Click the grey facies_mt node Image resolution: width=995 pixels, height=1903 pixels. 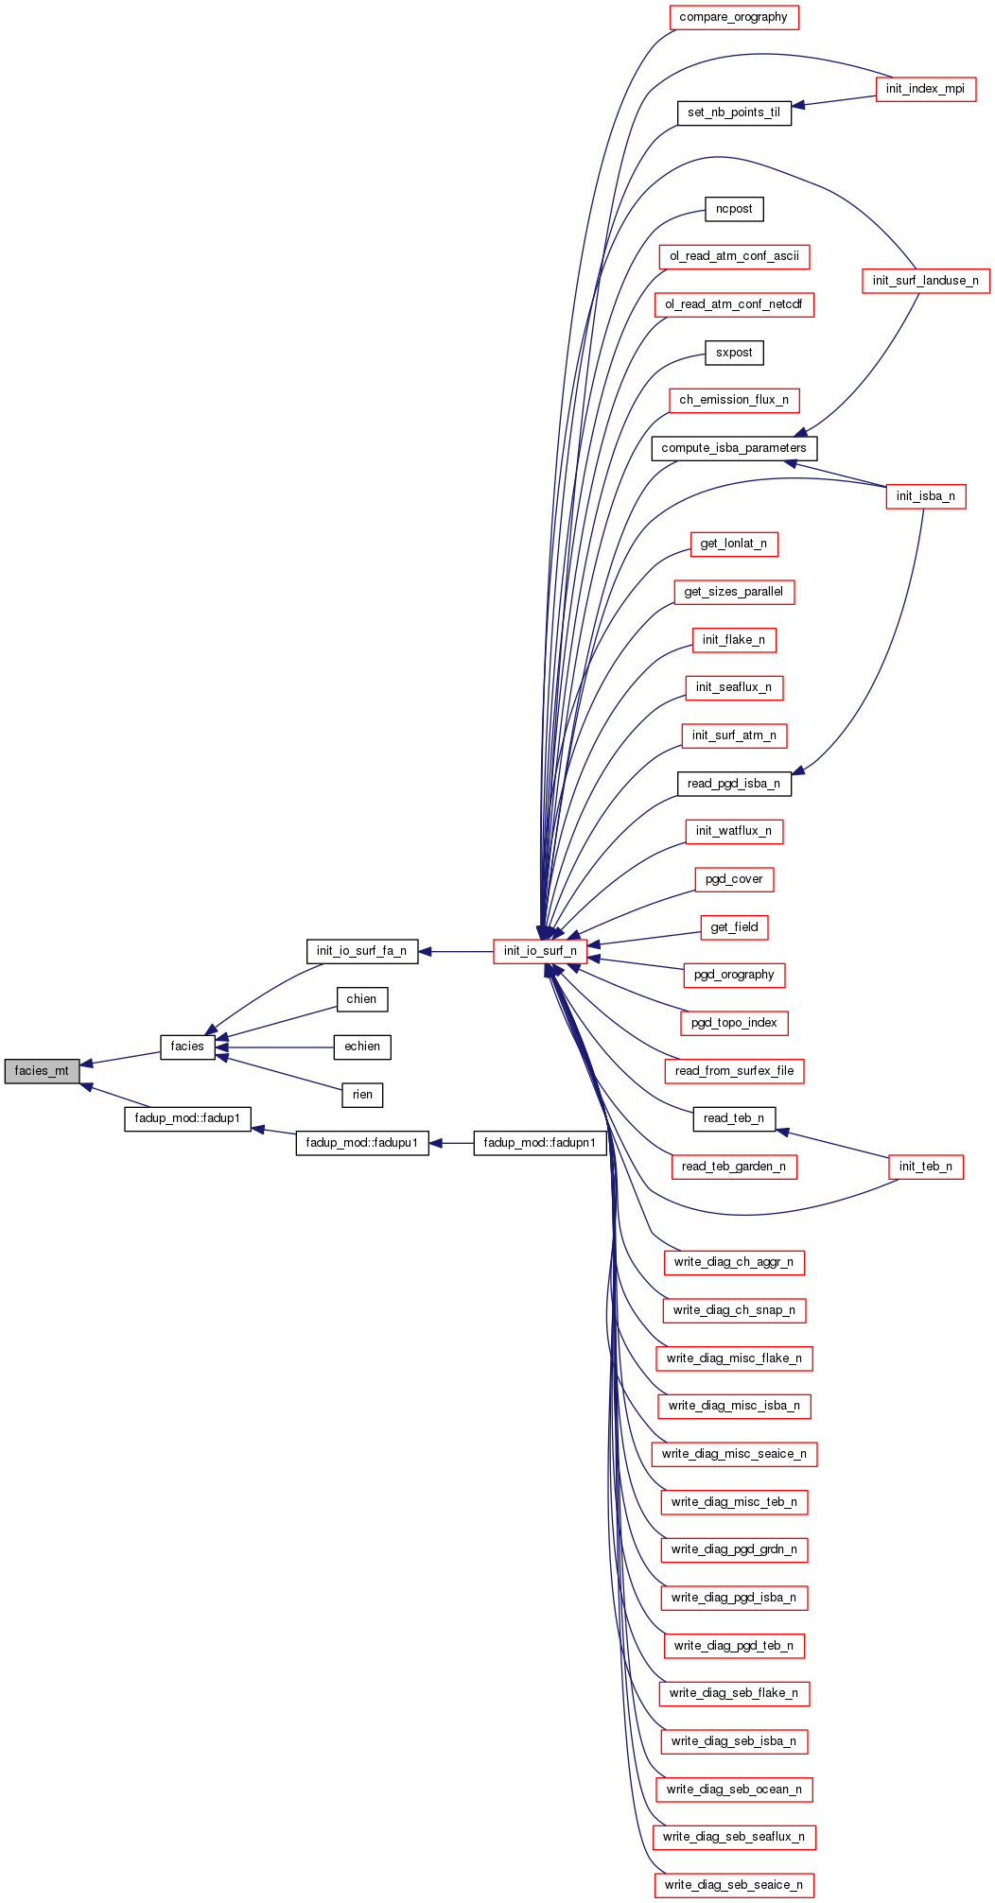click(x=42, y=1071)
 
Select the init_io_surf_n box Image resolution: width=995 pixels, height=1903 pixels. click(x=540, y=951)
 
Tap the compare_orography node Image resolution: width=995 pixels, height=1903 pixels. click(x=733, y=17)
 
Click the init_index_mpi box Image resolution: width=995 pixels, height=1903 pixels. click(x=925, y=89)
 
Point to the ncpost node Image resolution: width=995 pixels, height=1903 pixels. click(x=734, y=209)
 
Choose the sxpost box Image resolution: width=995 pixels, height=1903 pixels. click(x=734, y=353)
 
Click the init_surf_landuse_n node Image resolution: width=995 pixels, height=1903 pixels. click(x=925, y=281)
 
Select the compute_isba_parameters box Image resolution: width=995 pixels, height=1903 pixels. click(x=734, y=448)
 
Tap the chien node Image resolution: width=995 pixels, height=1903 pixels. click(x=361, y=999)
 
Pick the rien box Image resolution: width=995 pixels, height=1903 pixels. click(x=362, y=1095)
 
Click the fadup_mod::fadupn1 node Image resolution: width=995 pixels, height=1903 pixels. click(x=539, y=1143)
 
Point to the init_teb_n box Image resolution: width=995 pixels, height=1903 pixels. click(x=925, y=1167)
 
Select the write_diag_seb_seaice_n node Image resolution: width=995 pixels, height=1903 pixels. click(x=734, y=1885)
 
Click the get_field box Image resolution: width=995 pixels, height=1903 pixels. click(x=734, y=927)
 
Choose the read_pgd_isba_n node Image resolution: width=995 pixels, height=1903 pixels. click(x=734, y=784)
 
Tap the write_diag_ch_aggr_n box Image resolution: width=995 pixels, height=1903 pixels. click(x=734, y=1262)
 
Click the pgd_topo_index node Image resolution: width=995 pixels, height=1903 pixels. click(x=734, y=1023)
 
